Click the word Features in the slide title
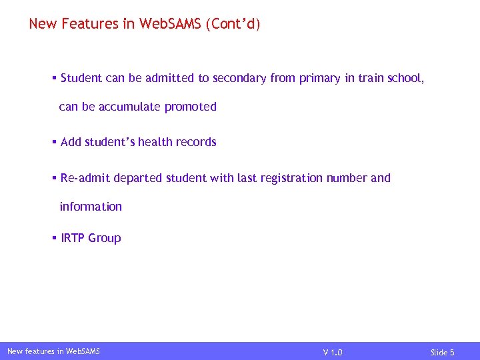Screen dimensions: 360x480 pyautogui.click(x=86, y=24)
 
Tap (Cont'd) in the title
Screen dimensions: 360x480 pyautogui.click(x=233, y=24)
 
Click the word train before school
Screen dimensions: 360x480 pyautogui.click(x=371, y=78)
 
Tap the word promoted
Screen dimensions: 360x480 pyautogui.click(x=191, y=107)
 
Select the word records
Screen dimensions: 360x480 pyautogui.click(x=196, y=142)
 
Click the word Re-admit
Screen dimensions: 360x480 pyautogui.click(x=85, y=178)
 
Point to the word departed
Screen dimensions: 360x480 pyautogui.click(x=138, y=178)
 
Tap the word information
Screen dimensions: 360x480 pyautogui.click(x=91, y=207)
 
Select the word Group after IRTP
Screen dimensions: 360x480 pyautogui.click(x=105, y=238)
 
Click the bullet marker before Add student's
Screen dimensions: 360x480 pyautogui.click(x=55, y=142)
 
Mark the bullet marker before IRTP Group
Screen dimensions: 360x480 pyautogui.click(x=55, y=238)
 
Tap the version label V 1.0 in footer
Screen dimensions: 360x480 pyautogui.click(x=333, y=352)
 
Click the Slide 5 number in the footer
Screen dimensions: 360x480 pyautogui.click(x=442, y=352)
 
